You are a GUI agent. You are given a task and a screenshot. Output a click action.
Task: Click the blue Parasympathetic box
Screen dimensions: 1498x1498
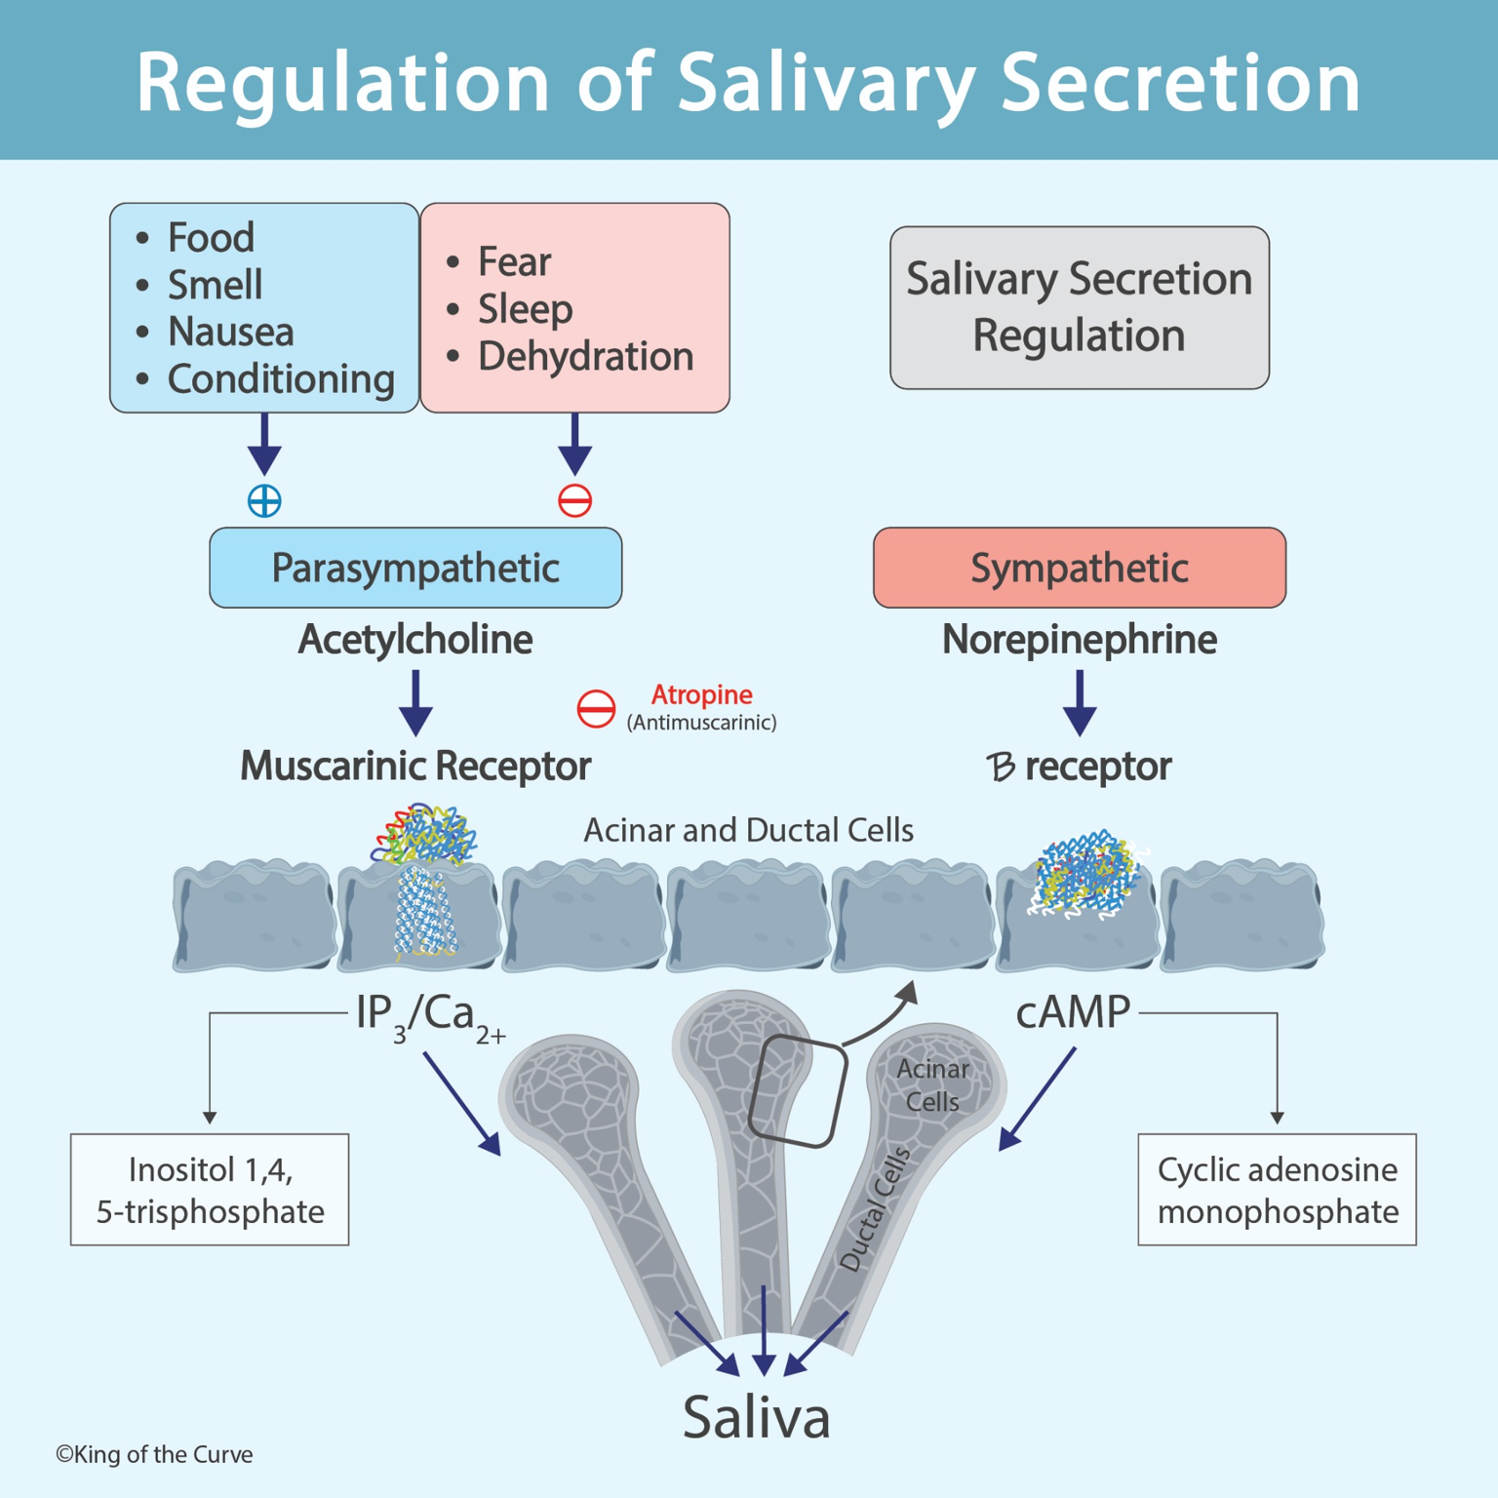pos(415,568)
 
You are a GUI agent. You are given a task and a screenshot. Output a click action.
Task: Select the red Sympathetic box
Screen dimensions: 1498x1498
pos(1079,568)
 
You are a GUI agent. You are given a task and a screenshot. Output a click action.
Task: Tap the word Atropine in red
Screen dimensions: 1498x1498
pos(701,694)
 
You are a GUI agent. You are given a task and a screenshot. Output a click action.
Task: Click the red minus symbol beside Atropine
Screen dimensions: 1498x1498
pos(596,709)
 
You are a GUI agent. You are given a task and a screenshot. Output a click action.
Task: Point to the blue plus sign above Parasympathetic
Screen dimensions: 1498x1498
pos(264,500)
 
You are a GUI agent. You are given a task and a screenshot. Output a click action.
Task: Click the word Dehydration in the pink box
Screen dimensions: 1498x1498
pos(585,357)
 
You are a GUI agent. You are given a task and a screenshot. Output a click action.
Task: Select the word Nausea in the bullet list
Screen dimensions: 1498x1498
pos(230,332)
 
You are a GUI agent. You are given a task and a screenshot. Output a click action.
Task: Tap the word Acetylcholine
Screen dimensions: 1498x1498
pos(415,640)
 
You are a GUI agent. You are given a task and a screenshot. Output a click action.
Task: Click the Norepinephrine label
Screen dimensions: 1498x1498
pos(1079,640)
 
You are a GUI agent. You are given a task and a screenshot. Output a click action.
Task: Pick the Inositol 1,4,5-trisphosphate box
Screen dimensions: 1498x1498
pos(210,1190)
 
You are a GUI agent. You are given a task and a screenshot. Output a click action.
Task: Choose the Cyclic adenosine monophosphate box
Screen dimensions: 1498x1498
pos(1277,1190)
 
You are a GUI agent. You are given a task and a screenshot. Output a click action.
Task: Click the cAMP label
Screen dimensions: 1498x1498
pos(1072,1012)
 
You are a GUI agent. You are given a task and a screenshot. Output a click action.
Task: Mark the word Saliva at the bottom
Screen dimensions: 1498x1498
pos(756,1417)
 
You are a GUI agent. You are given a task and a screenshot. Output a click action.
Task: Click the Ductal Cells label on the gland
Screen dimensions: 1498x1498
pos(875,1210)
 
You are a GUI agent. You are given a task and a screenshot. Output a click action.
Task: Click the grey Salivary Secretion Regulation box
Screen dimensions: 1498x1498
pos(1079,308)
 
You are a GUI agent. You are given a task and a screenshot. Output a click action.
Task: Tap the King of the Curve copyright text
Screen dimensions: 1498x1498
pos(154,1454)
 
